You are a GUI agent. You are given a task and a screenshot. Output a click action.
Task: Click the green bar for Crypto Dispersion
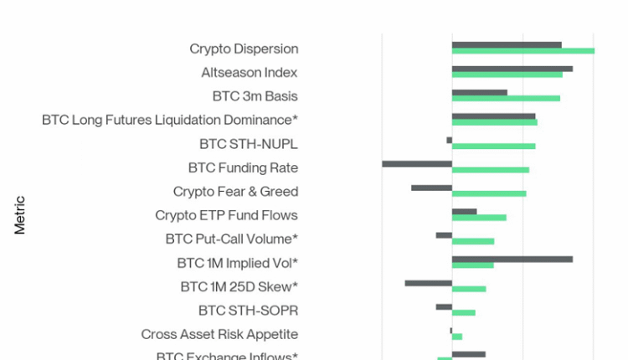pyautogui.click(x=523, y=51)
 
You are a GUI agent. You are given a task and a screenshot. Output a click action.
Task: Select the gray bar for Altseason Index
pyautogui.click(x=512, y=69)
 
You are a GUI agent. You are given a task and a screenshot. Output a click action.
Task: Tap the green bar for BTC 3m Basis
pyautogui.click(x=506, y=99)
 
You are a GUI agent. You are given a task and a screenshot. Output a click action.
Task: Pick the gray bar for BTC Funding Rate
pyautogui.click(x=417, y=163)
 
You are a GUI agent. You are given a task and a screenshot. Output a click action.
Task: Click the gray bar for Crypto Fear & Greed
pyautogui.click(x=431, y=188)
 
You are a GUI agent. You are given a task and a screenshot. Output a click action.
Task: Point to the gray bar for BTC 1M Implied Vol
pyautogui.click(x=512, y=259)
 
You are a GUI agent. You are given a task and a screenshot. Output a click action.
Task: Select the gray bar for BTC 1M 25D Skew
pyautogui.click(x=428, y=283)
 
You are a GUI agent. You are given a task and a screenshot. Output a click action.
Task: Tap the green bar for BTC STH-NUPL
pyautogui.click(x=493, y=147)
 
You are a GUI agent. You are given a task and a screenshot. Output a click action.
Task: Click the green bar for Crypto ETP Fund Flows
pyautogui.click(x=479, y=218)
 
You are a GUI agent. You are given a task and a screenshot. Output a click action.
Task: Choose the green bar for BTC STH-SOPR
pyautogui.click(x=464, y=313)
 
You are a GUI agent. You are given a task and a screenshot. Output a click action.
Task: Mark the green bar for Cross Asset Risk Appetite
pyautogui.click(x=457, y=337)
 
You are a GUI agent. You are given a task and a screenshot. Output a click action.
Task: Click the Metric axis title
pyautogui.click(x=20, y=215)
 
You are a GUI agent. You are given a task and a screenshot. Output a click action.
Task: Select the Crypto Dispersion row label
pyautogui.click(x=244, y=49)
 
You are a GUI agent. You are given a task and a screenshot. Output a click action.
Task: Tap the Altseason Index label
pyautogui.click(x=250, y=73)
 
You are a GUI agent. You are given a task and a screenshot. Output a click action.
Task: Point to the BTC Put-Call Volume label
pyautogui.click(x=231, y=239)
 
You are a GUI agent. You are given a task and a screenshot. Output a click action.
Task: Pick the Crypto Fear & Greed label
pyautogui.click(x=235, y=192)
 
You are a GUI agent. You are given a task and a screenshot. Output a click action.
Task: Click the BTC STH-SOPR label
pyautogui.click(x=248, y=311)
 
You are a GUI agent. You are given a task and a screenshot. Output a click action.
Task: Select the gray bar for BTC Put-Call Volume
pyautogui.click(x=444, y=235)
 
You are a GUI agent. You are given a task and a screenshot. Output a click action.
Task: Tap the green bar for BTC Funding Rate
pyautogui.click(x=491, y=170)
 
